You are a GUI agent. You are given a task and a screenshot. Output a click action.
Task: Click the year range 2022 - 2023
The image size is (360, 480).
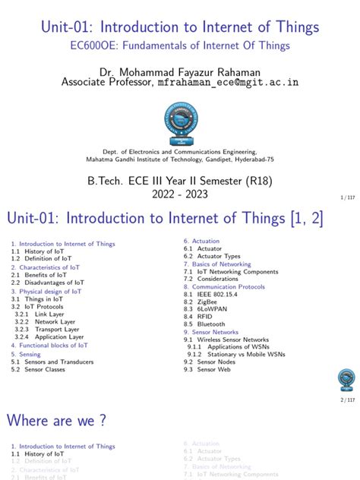click(x=180, y=194)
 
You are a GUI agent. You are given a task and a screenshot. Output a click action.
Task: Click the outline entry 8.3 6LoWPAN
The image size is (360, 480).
click(x=209, y=309)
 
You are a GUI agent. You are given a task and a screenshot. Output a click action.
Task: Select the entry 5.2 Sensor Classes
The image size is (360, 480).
click(x=48, y=370)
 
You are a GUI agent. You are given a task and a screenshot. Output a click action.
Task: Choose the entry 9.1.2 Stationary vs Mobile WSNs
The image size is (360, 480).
click(x=240, y=355)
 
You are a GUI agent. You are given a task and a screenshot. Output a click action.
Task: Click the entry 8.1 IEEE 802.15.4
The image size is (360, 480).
click(x=216, y=294)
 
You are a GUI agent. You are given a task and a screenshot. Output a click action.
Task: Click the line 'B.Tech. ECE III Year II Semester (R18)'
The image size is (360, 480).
click(x=180, y=179)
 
